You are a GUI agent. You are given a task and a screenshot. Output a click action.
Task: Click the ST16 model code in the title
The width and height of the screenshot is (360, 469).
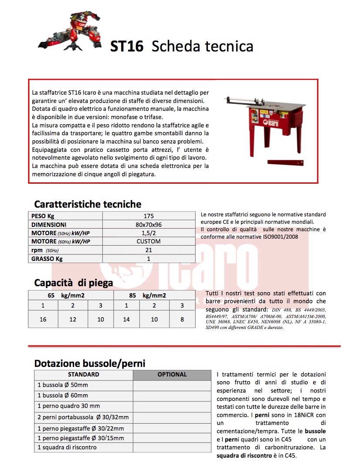click(126, 46)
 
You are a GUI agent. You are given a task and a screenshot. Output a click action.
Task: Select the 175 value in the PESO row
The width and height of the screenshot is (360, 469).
click(149, 216)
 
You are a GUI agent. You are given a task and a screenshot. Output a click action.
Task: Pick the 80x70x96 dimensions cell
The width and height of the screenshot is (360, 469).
click(149, 224)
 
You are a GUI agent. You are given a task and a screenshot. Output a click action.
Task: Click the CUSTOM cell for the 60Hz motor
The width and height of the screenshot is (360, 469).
click(149, 241)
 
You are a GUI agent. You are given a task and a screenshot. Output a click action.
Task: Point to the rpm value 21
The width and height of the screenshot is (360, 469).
click(149, 250)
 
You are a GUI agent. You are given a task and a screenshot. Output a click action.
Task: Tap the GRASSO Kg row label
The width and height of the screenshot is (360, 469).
click(45, 258)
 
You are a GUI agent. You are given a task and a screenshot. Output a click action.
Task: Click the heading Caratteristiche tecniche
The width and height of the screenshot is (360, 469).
click(88, 204)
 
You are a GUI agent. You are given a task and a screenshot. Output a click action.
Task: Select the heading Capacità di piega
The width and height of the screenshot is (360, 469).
click(73, 283)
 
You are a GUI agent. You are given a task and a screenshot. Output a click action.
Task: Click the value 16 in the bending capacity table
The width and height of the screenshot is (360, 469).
click(43, 319)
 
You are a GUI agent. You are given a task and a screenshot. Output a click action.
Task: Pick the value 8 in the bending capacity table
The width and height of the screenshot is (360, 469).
click(182, 319)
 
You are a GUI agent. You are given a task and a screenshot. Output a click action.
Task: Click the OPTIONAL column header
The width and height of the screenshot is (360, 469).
click(172, 374)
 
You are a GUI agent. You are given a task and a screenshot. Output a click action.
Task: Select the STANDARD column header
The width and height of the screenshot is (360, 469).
click(84, 374)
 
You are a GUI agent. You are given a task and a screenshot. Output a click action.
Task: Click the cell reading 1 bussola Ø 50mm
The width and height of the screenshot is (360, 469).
click(63, 385)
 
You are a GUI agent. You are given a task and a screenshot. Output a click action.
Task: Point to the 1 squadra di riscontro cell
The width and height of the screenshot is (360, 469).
click(67, 447)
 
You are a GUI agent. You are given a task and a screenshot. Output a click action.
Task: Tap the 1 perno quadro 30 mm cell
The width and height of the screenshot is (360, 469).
click(68, 406)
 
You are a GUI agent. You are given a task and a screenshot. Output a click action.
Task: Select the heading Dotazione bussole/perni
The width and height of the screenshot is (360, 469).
click(90, 363)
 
